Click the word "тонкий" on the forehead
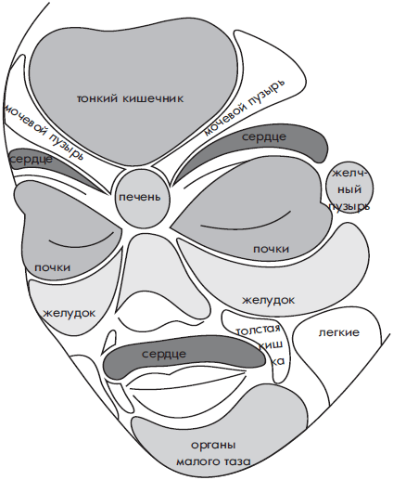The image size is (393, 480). pos(96,98)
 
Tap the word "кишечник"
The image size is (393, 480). pos(153,98)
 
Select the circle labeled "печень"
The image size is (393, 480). pos(142,198)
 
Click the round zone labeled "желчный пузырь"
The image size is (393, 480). pos(349,188)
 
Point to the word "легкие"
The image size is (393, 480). pos(339,332)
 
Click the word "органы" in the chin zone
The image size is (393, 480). pos(213,446)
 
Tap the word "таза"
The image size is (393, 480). pos(235,462)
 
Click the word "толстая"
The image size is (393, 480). pos(259,331)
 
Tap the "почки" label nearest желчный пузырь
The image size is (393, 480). pos(271,249)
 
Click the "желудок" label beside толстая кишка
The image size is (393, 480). pos(268,300)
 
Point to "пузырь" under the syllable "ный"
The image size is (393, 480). pos(349,207)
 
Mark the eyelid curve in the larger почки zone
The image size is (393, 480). pos(247,223)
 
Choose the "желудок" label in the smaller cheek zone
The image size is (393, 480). pos(70,313)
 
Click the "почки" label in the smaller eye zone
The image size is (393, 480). pos(53,267)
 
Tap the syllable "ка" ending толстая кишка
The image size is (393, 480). pos(278,361)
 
